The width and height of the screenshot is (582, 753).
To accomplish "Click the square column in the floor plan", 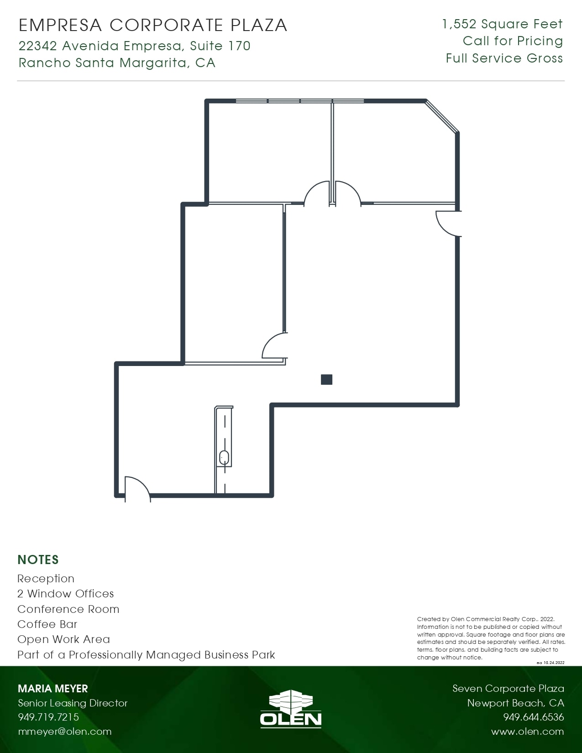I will point(326,379).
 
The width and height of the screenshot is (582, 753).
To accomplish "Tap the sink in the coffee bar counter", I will point(224,457).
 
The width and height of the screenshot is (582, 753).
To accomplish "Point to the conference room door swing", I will point(275,346).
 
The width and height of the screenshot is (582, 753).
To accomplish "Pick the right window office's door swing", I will point(347,193).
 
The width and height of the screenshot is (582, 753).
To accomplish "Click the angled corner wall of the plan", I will point(442,116).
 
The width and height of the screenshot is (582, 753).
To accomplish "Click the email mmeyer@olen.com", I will point(65,732).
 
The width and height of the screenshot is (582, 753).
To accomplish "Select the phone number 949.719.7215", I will point(48,717).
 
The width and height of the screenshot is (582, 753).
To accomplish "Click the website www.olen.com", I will point(527,732).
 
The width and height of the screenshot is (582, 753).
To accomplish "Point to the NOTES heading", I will point(38,560).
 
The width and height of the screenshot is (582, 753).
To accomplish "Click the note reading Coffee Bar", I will point(47,624).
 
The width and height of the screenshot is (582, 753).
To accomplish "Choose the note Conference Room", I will point(68,609).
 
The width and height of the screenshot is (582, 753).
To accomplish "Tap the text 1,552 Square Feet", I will point(502,24).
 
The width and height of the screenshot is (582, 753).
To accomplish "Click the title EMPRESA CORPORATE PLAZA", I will point(153,25).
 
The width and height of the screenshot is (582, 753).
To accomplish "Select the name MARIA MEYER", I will point(53,689).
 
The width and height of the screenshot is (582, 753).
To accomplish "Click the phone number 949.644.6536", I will point(534,717).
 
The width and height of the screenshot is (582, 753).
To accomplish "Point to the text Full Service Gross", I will point(504,58).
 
